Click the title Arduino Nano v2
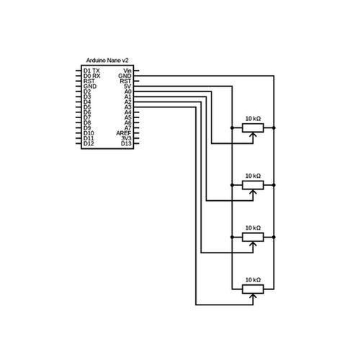pyautogui.click(x=107, y=60)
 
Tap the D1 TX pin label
pyautogui.click(x=91, y=71)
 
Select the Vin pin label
pyautogui.click(x=127, y=71)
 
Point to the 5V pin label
pyautogui.click(x=127, y=86)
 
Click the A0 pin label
pyautogui.click(x=128, y=91)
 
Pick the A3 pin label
pyautogui.click(x=128, y=107)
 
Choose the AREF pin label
pyautogui.click(x=124, y=133)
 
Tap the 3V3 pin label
pyautogui.click(x=126, y=138)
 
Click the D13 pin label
pyautogui.click(x=126, y=143)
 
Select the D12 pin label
pyautogui.click(x=89, y=143)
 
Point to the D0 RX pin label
pyautogui.click(x=91, y=76)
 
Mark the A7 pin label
pyautogui.click(x=128, y=128)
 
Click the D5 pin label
pyautogui.click(x=87, y=107)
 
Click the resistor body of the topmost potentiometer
pyautogui.click(x=253, y=128)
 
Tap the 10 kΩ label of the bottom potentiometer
pyautogui.click(x=253, y=280)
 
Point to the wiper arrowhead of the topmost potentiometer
pyautogui.click(x=253, y=135)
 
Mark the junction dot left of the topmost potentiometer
pyautogui.click(x=232, y=128)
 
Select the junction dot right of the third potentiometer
pyautogui.click(x=274, y=237)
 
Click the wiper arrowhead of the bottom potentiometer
pyautogui.click(x=253, y=296)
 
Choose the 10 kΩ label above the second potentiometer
pyautogui.click(x=253, y=176)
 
